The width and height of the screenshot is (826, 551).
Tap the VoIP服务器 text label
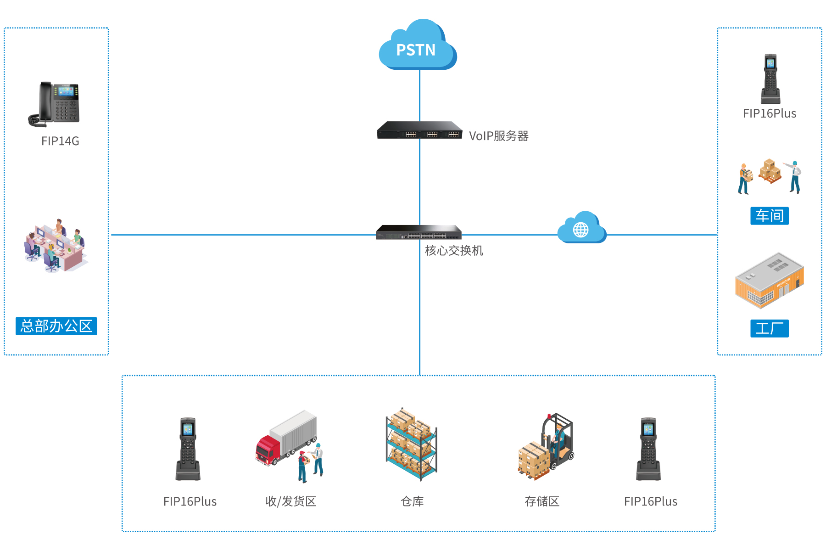(x=498, y=136)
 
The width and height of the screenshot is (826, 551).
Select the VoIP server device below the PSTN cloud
(x=419, y=130)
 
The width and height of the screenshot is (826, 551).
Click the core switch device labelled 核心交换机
(x=419, y=232)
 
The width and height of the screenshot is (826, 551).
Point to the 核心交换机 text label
(x=453, y=251)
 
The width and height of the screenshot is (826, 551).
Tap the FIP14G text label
(x=60, y=141)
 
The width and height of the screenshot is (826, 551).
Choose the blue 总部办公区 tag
(x=56, y=326)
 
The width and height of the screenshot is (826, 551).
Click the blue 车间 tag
(x=769, y=216)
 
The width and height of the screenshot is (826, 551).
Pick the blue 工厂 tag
(x=769, y=328)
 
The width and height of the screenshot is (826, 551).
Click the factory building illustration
(x=769, y=280)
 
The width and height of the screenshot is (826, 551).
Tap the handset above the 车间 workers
(x=770, y=79)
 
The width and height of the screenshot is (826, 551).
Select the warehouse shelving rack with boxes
(x=411, y=444)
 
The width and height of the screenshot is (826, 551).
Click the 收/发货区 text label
(x=291, y=501)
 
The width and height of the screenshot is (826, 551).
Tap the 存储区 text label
(x=542, y=501)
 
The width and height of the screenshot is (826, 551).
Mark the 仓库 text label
(x=412, y=501)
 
